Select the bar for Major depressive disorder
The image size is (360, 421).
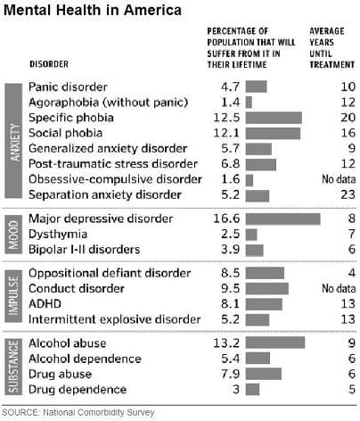tap(282, 219)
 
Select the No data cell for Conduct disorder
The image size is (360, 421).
tap(334, 289)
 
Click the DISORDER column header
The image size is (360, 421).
tap(52, 64)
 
